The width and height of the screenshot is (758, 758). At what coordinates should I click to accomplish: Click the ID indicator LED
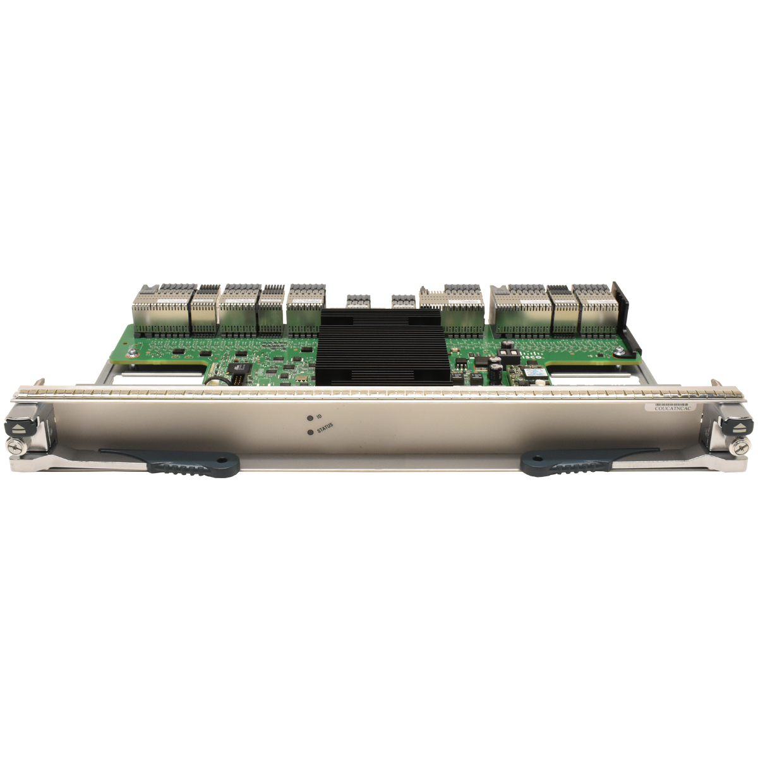(309, 418)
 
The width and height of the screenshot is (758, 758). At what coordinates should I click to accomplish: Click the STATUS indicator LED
(309, 433)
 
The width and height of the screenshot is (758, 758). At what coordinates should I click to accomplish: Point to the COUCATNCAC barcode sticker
(674, 408)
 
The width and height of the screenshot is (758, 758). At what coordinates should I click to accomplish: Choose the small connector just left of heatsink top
(357, 299)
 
